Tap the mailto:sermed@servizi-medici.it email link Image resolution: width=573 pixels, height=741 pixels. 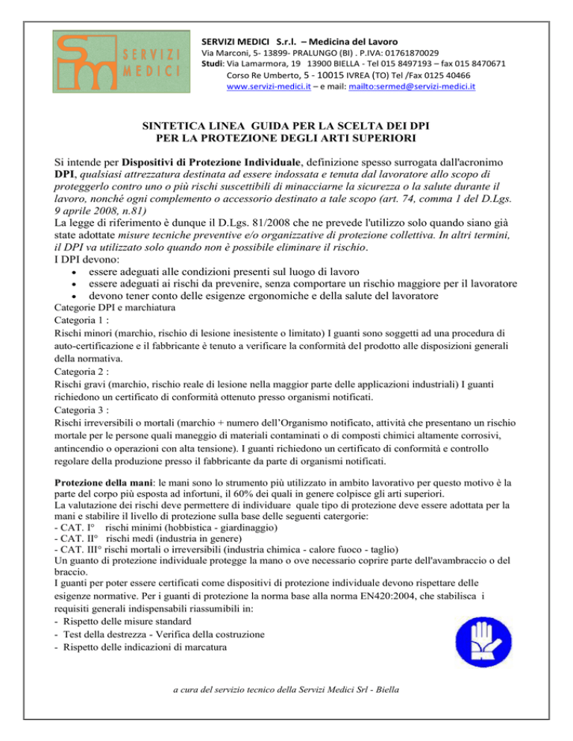(410, 86)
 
